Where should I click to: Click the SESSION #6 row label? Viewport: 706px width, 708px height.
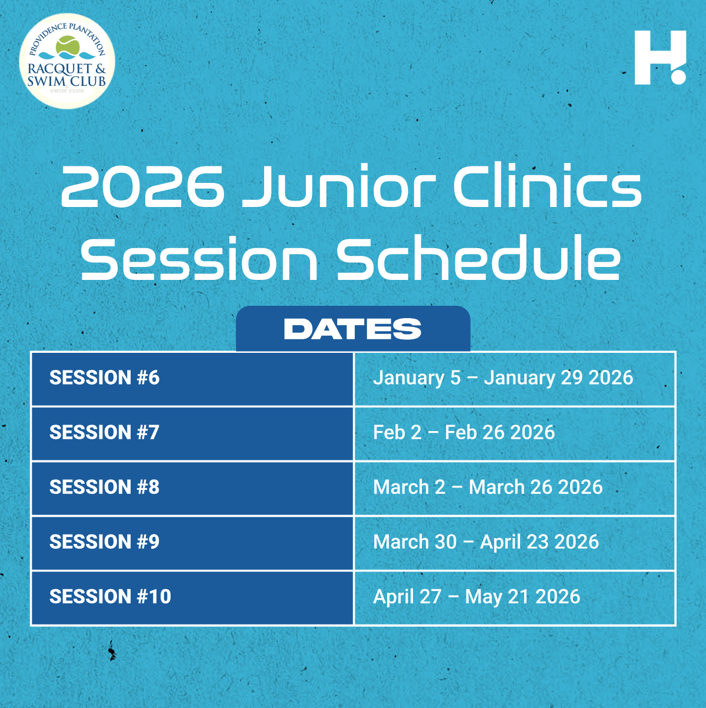click(105, 378)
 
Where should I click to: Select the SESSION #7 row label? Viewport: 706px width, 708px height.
click(105, 432)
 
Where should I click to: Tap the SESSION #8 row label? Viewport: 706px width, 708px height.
click(105, 487)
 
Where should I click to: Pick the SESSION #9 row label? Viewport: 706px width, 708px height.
click(105, 542)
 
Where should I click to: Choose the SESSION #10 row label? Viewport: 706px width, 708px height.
click(111, 596)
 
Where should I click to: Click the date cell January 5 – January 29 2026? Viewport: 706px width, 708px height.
click(503, 378)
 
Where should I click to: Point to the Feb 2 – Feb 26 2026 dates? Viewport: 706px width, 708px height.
click(464, 432)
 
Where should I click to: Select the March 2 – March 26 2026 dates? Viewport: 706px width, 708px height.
click(488, 487)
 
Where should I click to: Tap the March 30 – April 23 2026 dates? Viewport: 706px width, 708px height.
click(486, 542)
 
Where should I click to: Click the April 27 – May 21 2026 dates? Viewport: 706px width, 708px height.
click(477, 597)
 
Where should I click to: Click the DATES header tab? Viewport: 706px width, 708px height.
click(353, 329)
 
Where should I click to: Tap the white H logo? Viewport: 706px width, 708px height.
click(660, 58)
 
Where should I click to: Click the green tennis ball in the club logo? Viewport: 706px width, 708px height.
click(68, 46)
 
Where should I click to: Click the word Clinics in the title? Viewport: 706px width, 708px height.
click(548, 186)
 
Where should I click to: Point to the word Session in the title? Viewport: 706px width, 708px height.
click(199, 258)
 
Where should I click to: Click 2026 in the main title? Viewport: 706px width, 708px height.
click(142, 186)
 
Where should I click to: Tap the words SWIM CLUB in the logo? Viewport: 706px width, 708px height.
click(66, 81)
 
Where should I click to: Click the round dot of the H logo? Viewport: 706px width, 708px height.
click(678, 77)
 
